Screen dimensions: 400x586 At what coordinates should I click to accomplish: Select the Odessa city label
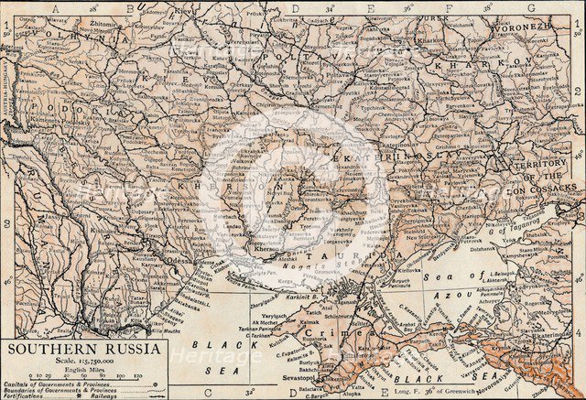click(x=179, y=259)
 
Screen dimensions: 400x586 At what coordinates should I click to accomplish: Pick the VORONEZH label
click(x=548, y=27)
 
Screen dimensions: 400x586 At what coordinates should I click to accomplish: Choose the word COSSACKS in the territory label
click(x=552, y=186)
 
